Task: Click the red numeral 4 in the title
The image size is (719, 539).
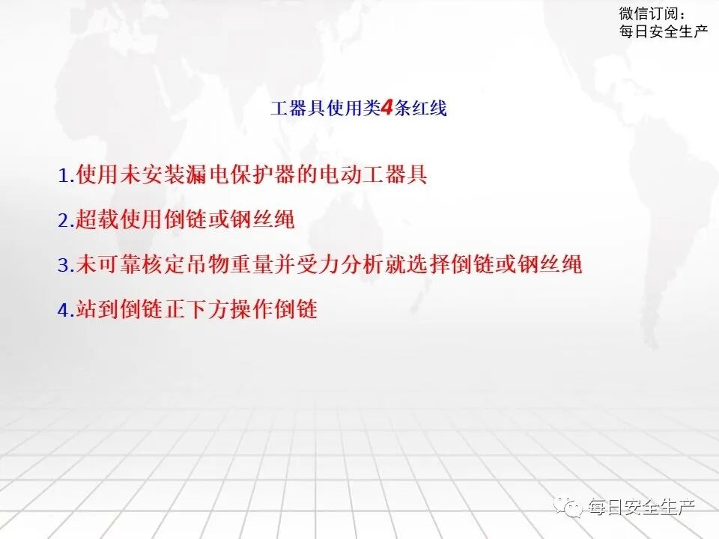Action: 387,109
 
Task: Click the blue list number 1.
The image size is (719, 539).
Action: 63,176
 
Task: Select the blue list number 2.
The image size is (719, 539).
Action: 63,220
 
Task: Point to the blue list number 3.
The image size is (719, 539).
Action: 63,264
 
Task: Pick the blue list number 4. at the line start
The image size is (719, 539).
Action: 66,309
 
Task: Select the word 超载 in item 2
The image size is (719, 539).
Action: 95,220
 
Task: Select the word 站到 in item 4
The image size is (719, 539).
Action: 95,309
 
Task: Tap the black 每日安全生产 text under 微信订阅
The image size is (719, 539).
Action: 664,31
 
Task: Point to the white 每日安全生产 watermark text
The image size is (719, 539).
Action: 642,508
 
